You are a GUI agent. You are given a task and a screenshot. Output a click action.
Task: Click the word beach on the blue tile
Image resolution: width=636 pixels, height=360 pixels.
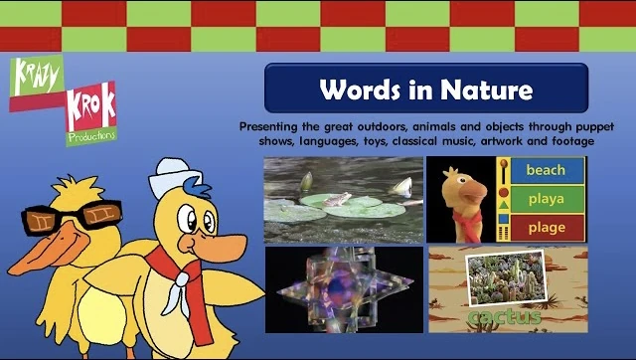[x=546, y=170]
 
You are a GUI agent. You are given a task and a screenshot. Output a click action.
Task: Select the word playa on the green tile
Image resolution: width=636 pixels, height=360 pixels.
[x=546, y=199]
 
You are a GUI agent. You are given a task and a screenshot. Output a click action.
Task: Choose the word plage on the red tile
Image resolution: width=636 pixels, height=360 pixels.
[x=546, y=227]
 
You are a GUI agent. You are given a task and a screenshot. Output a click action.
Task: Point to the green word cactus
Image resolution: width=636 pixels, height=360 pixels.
[x=508, y=317]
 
